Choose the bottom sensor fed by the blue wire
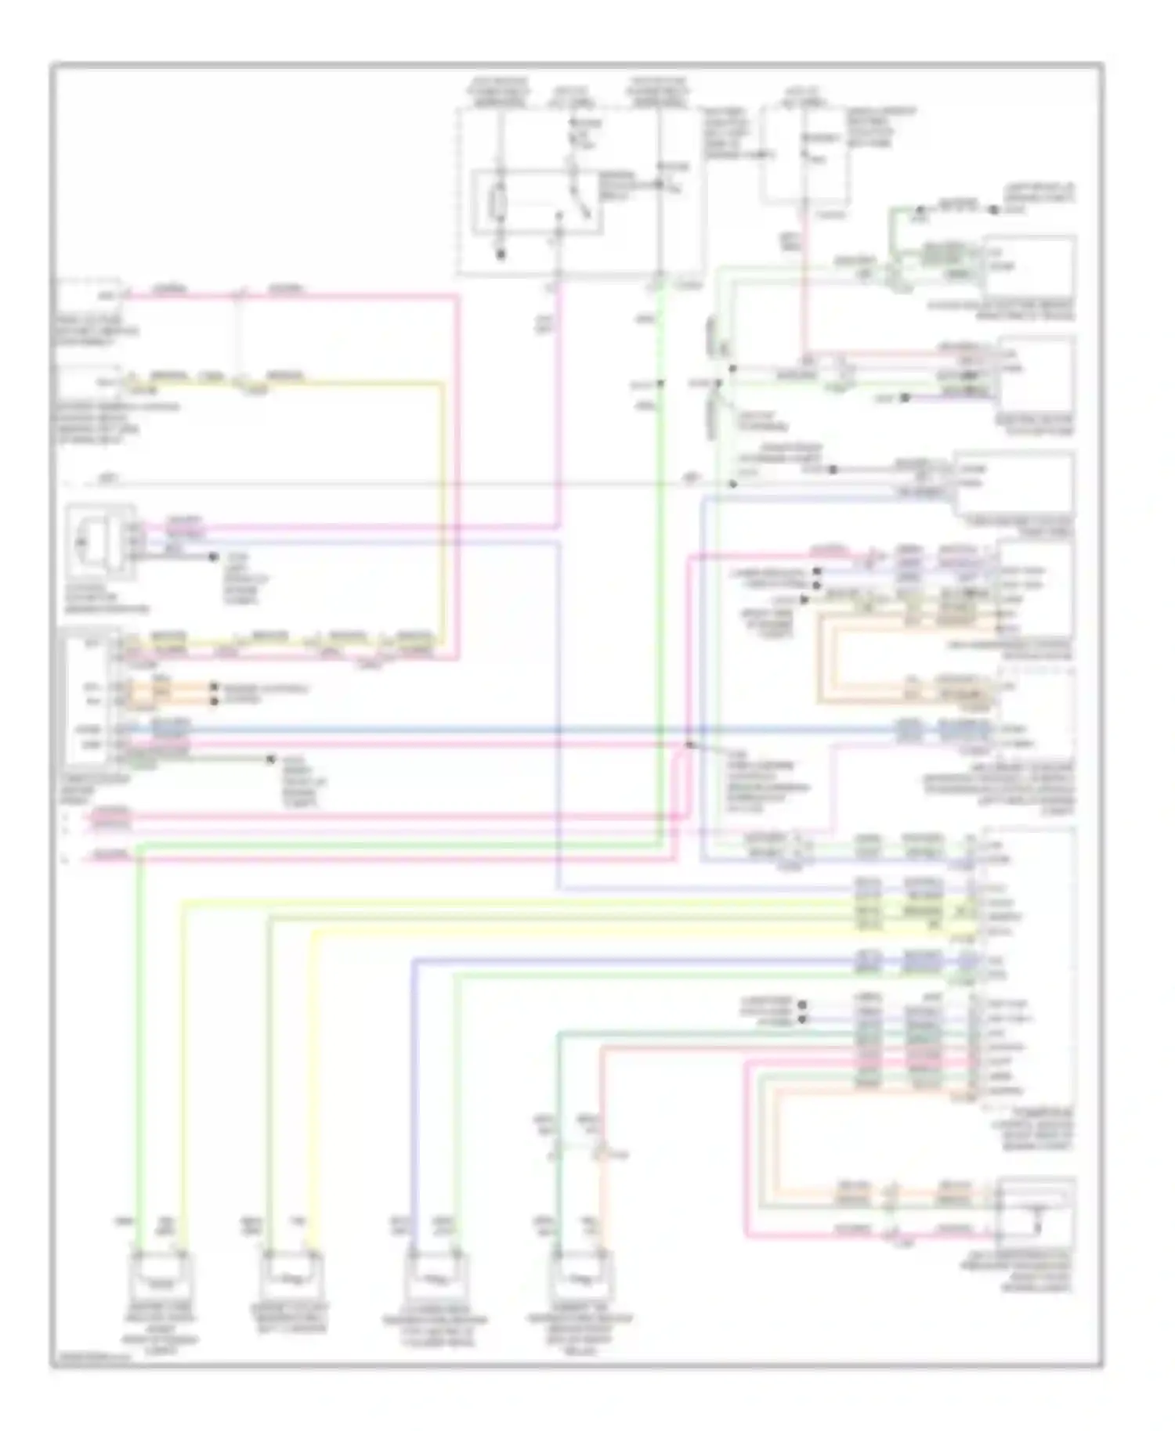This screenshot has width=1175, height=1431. pyautogui.click(x=436, y=1277)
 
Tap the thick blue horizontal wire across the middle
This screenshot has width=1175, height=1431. pyautogui.click(x=548, y=730)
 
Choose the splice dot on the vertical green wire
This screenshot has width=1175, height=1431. pyautogui.click(x=660, y=383)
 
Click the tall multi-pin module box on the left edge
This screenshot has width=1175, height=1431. pyautogui.click(x=92, y=697)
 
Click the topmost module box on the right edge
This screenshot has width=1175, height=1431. pyautogui.click(x=1029, y=266)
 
